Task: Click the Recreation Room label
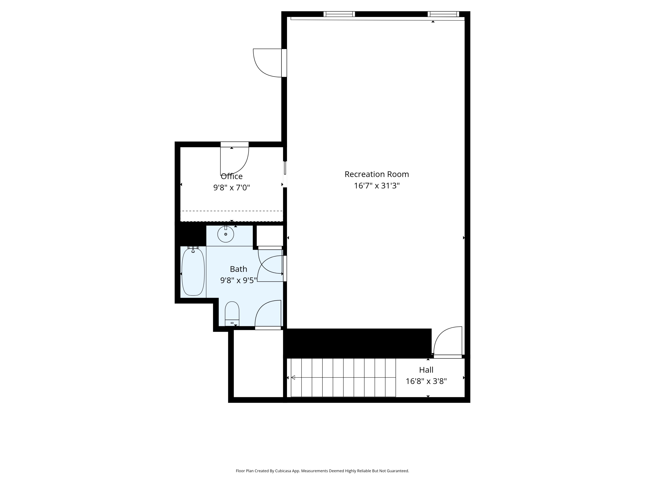tap(376, 174)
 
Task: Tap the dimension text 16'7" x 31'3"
tap(376, 186)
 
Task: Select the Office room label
tap(232, 176)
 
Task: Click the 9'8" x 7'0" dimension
tap(232, 188)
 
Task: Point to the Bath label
tap(238, 269)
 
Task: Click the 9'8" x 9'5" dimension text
tap(238, 280)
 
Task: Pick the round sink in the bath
tap(226, 234)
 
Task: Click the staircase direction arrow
tap(293, 378)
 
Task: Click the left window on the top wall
tap(339, 14)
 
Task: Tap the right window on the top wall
tap(443, 14)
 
